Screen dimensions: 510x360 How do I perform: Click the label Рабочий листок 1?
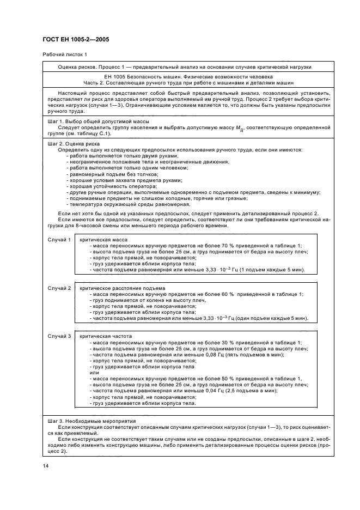pos(64,55)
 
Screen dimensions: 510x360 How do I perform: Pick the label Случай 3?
pos(59,336)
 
